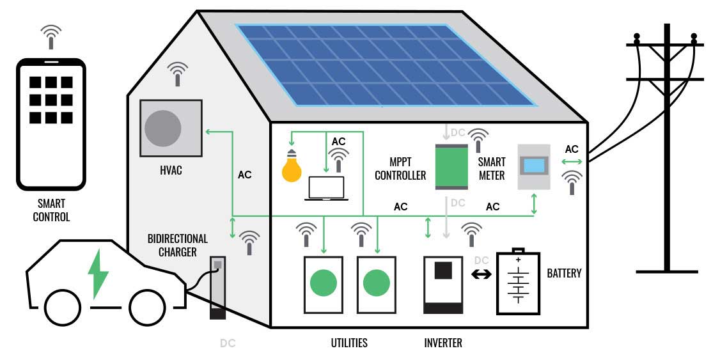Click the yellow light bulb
tap(292, 168)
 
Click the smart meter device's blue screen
tap(534, 166)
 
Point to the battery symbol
tap(519, 282)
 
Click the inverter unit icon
tap(443, 285)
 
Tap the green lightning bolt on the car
tap(98, 274)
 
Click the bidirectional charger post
tap(217, 288)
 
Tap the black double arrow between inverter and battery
tap(481, 274)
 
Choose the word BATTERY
tap(564, 274)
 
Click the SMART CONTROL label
tap(51, 210)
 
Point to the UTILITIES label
tap(349, 343)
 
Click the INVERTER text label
tap(442, 343)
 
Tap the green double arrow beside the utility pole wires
tap(572, 162)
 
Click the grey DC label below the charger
tap(228, 343)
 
